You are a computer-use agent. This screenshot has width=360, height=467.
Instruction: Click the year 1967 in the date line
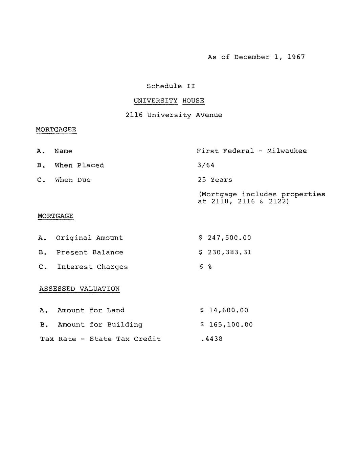pyautogui.click(x=296, y=57)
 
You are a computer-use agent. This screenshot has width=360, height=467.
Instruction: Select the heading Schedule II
pyautogui.click(x=171, y=86)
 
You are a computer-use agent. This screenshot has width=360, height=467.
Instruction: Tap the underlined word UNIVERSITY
pyautogui.click(x=155, y=101)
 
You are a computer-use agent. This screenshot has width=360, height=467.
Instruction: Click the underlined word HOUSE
pyautogui.click(x=193, y=101)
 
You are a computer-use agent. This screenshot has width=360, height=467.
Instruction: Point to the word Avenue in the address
pyautogui.click(x=209, y=115)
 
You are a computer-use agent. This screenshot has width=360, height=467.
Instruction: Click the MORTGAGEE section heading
pyautogui.click(x=56, y=130)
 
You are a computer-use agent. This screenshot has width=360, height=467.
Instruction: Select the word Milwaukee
pyautogui.click(x=287, y=151)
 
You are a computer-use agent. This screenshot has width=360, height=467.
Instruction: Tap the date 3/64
pyautogui.click(x=206, y=165)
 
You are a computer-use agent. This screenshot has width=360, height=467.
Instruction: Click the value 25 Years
pyautogui.click(x=215, y=180)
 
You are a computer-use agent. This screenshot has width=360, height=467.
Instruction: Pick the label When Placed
pyautogui.click(x=80, y=165)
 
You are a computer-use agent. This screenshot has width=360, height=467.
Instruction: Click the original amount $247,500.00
pyautogui.click(x=225, y=238)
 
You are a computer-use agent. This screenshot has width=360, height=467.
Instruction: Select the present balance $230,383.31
pyautogui.click(x=225, y=252)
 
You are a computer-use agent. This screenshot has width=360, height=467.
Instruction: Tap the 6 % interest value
pyautogui.click(x=206, y=267)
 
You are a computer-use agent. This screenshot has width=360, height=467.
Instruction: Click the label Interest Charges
pyautogui.click(x=92, y=267)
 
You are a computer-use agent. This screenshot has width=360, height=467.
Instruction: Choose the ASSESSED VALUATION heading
pyautogui.click(x=80, y=289)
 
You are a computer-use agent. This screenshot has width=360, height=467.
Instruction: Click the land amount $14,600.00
pyautogui.click(x=224, y=310)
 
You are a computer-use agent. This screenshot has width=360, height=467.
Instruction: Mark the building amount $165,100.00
pyautogui.click(x=226, y=325)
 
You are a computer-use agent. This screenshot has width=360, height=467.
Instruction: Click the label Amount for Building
pyautogui.click(x=100, y=325)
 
